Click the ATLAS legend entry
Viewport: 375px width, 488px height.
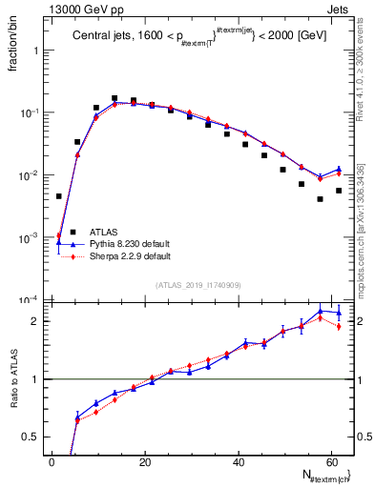(x=105, y=232)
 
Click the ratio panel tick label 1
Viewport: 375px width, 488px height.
(x=36, y=379)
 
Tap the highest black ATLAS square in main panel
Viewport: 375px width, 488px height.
(x=115, y=98)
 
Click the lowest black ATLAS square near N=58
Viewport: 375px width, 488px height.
(x=320, y=199)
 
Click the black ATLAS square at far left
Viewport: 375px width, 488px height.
(x=59, y=196)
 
